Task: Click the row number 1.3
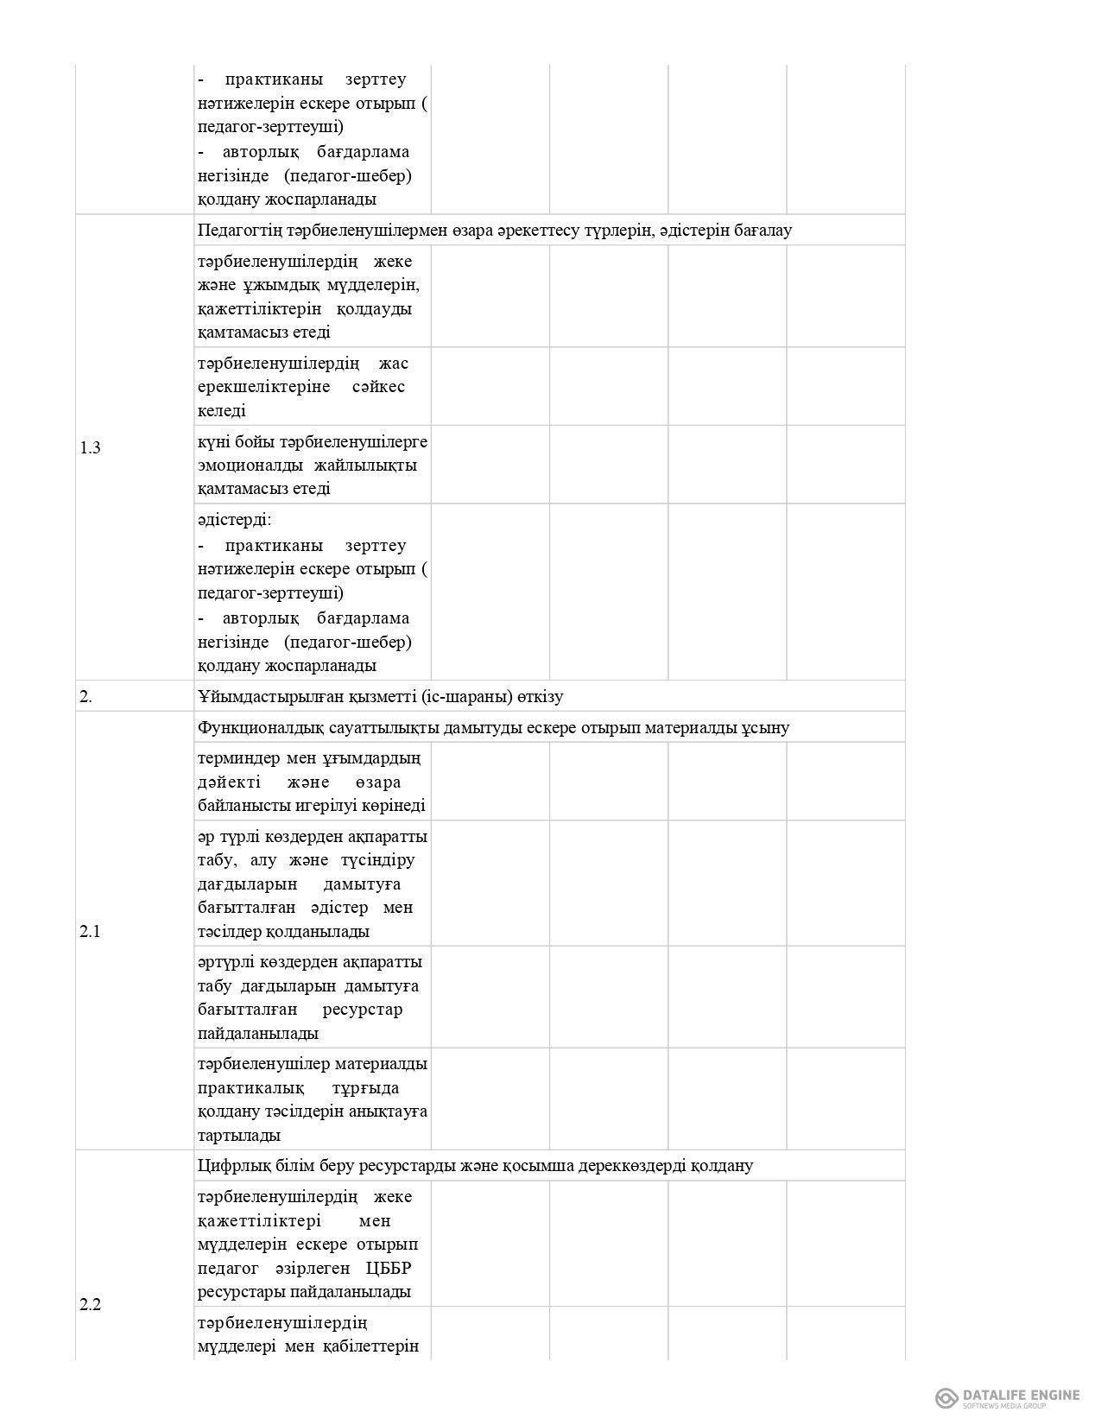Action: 91,447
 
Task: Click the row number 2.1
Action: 91,931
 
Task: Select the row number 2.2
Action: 91,1304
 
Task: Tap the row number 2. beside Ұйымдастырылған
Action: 86,697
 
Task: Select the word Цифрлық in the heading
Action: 228,1166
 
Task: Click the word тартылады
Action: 238,1135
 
